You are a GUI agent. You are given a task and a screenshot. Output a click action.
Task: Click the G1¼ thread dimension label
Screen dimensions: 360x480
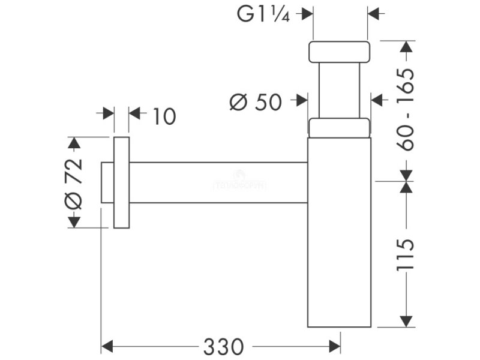pyautogui.click(x=263, y=14)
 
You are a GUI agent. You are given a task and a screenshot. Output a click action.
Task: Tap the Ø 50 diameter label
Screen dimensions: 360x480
pyautogui.click(x=256, y=103)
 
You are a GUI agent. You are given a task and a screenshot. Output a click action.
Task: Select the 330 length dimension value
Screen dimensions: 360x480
pyautogui.click(x=223, y=346)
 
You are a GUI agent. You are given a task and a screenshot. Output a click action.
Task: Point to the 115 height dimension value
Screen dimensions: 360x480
pyautogui.click(x=406, y=254)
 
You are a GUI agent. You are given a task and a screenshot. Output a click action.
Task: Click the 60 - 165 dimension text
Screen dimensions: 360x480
pyautogui.click(x=406, y=110)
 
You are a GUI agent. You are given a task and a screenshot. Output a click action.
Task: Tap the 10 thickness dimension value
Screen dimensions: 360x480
pyautogui.click(x=164, y=116)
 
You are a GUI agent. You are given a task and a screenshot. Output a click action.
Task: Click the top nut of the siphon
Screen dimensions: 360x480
pyautogui.click(x=339, y=52)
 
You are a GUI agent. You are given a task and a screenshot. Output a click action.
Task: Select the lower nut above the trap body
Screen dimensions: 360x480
pyautogui.click(x=339, y=128)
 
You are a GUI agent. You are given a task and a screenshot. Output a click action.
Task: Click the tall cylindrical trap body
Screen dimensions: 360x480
pyautogui.click(x=339, y=234)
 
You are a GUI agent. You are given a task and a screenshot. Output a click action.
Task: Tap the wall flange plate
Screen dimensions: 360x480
pyautogui.click(x=121, y=182)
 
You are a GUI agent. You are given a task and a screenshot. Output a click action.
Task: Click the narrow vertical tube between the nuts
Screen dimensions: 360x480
pyautogui.click(x=339, y=90)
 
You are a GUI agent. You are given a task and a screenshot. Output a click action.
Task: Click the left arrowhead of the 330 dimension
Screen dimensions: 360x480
pyautogui.click(x=107, y=346)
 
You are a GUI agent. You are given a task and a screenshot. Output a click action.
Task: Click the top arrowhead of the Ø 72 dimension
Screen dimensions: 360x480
pyautogui.click(x=73, y=143)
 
